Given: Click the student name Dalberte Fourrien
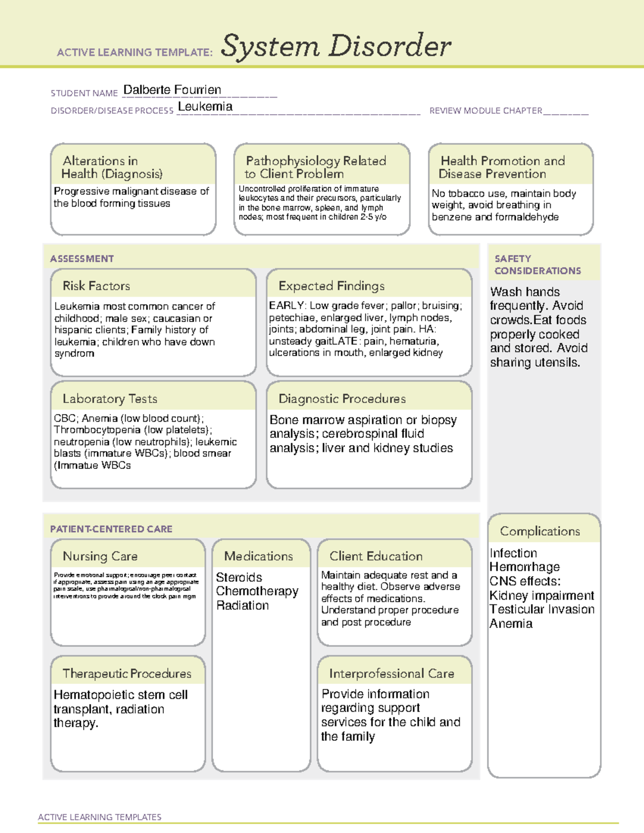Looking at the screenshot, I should point(172,90).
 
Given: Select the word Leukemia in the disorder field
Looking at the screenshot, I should point(205,107).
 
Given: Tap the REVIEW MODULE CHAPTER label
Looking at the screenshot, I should point(485,111).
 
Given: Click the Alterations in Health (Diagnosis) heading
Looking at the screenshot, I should point(112,167).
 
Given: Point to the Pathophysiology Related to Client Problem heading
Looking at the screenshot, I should point(316,167).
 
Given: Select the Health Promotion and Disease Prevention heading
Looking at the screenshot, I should point(502,167).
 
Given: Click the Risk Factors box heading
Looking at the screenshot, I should point(96,286).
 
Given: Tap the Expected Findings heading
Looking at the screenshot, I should point(331,286).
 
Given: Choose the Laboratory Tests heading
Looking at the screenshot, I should point(109,399).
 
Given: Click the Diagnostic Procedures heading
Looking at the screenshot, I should point(342,399).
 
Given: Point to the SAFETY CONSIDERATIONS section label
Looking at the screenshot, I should point(537,264).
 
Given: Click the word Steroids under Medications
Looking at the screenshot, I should point(239,577).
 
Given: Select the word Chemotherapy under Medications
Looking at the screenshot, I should point(257,591).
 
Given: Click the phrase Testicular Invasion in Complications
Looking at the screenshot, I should point(541,609).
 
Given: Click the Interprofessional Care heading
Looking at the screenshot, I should point(391,673).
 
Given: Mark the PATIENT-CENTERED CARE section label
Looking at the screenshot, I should point(111,529).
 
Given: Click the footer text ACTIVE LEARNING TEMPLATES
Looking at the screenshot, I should point(99,817).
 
